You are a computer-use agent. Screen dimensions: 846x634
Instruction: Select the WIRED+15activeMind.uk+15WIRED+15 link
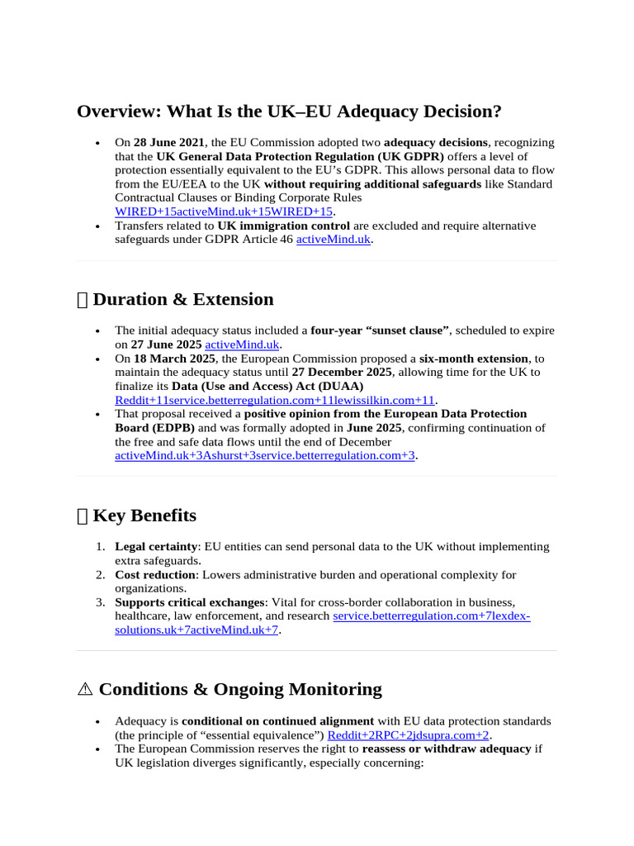tap(223, 211)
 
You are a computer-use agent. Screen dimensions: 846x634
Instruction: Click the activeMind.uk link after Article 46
tap(333, 240)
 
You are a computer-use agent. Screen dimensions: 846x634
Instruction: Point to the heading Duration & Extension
tap(182, 299)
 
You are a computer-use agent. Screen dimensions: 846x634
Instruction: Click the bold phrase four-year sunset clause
tap(380, 330)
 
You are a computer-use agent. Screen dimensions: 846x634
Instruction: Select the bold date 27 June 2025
tap(166, 345)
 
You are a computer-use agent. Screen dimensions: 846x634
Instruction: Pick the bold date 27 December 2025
tap(342, 373)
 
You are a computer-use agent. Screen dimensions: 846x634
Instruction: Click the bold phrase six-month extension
tap(473, 359)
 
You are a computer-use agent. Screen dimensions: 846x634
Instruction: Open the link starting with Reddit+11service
tap(274, 400)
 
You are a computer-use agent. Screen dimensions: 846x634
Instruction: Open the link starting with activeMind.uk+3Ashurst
tap(264, 455)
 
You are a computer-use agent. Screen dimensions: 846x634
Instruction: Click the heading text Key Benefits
tap(144, 516)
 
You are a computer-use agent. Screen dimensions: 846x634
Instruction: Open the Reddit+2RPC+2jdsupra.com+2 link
tap(408, 734)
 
